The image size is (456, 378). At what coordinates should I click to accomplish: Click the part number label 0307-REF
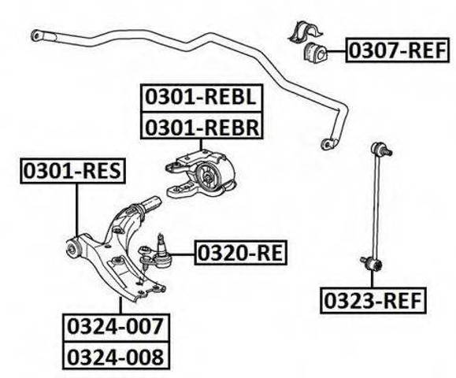click(x=397, y=50)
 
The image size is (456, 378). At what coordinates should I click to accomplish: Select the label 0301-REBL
click(x=202, y=98)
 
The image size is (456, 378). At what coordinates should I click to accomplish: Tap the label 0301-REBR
click(x=202, y=126)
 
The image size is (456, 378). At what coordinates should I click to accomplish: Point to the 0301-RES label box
click(x=72, y=171)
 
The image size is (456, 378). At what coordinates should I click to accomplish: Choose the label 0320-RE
click(x=241, y=252)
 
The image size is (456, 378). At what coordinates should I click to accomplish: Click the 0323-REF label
click(x=373, y=301)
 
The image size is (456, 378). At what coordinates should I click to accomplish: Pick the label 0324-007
click(x=116, y=327)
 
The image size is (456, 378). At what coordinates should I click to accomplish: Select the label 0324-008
click(x=116, y=355)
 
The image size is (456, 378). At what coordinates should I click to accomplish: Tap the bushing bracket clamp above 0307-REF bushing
click(x=306, y=31)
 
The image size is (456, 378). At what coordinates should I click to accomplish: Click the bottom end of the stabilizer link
click(x=373, y=264)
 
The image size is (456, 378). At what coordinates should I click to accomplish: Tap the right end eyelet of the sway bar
click(x=327, y=143)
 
